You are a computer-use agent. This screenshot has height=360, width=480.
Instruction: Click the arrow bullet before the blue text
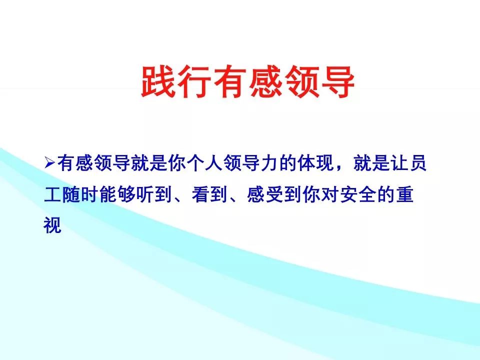pyautogui.click(x=49, y=162)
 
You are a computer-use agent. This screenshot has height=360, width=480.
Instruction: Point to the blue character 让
pyautogui.click(x=399, y=163)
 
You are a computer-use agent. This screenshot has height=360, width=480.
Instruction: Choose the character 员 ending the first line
pyautogui.click(x=418, y=163)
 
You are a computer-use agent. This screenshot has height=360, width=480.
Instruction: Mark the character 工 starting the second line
pyautogui.click(x=52, y=195)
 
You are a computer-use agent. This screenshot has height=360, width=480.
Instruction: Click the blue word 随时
pyautogui.click(x=80, y=195)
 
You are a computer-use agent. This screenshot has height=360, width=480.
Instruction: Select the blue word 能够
pyautogui.click(x=117, y=195)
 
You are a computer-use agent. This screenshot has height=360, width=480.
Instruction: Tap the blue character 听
pyautogui.click(x=145, y=195)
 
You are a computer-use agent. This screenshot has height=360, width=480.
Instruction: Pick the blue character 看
pyautogui.click(x=200, y=195)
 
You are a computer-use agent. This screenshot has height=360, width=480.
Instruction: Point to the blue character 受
pyautogui.click(x=274, y=195)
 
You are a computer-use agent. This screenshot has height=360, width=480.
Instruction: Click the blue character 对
pyautogui.click(x=330, y=195)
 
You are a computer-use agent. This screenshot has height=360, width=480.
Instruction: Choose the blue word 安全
pyautogui.click(x=358, y=195)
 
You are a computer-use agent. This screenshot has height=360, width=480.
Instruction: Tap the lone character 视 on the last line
pyautogui.click(x=52, y=226)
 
